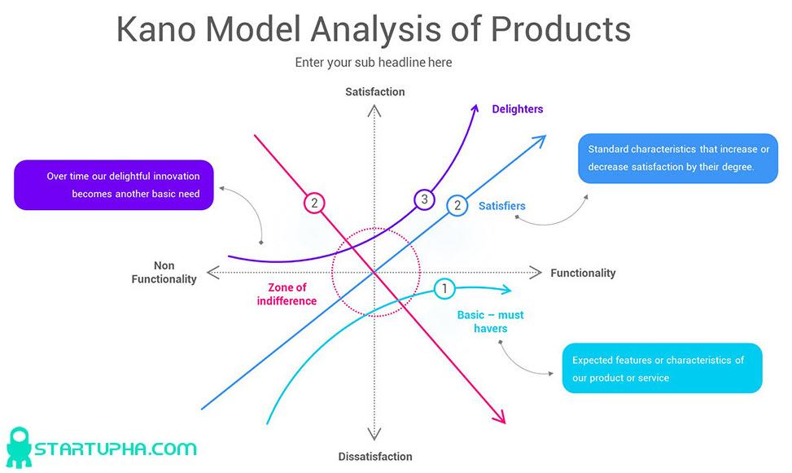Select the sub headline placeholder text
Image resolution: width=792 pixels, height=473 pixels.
(x=373, y=63)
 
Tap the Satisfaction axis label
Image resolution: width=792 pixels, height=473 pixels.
(x=374, y=92)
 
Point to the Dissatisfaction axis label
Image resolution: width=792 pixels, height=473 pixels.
(x=374, y=457)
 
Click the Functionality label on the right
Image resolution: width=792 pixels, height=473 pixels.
(x=583, y=274)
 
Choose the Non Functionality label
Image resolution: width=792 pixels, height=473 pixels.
(x=164, y=273)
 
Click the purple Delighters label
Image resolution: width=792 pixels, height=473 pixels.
(x=517, y=109)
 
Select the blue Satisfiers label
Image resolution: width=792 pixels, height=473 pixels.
(x=501, y=206)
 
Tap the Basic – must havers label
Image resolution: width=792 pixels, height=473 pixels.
(x=490, y=322)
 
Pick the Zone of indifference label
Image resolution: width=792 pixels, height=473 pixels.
(x=287, y=294)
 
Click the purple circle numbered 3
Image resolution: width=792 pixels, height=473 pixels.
(x=423, y=199)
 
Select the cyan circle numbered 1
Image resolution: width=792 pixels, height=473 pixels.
(x=444, y=288)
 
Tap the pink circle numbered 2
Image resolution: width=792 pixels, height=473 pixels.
(x=314, y=204)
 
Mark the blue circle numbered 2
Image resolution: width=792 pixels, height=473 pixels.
(x=457, y=205)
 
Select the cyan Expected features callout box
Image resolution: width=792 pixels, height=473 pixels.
(x=662, y=368)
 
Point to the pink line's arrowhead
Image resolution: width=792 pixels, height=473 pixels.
(x=500, y=418)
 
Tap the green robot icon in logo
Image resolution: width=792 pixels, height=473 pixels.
(x=18, y=448)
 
